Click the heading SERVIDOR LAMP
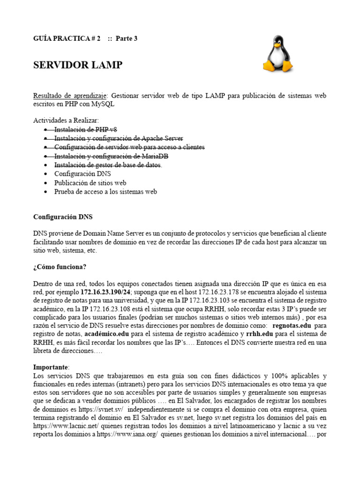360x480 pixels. pos(78,65)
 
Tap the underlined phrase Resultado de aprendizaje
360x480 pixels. pos(70,96)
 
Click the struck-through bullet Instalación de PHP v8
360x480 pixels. pos(85,129)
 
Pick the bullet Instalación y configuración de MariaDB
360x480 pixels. pos(111,156)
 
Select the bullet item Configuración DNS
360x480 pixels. pos(82,174)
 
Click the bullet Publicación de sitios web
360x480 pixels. pos(90,183)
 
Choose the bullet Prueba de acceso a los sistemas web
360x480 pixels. pos(105,192)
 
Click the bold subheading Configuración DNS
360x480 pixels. pos(63,217)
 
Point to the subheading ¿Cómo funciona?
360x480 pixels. pos(60,267)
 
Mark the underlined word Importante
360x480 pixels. pos(51,367)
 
